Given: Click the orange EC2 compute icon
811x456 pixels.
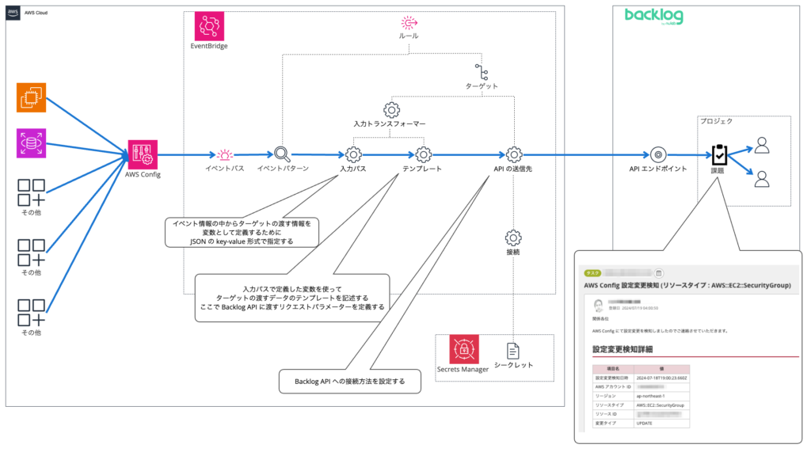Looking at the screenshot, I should click(x=32, y=98).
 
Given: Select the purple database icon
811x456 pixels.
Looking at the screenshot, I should click(x=32, y=143).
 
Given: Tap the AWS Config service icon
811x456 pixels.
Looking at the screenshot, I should click(x=143, y=154).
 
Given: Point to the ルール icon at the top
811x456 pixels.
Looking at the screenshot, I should click(x=408, y=22).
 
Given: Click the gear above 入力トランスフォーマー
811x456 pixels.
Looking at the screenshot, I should click(x=390, y=109).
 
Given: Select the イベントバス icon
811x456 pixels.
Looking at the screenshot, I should click(x=226, y=154).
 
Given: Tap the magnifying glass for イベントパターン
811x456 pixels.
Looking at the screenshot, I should click(x=282, y=154).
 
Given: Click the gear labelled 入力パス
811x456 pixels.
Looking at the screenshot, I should click(x=353, y=154).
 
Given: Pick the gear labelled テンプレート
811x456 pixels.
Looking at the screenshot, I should click(x=422, y=154).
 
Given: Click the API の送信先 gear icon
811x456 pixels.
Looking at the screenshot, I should click(x=513, y=154).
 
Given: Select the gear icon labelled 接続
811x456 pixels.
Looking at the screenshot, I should click(x=513, y=237).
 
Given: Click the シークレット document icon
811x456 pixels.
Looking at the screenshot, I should click(x=513, y=351).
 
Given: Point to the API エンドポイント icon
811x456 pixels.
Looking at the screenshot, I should click(x=657, y=154).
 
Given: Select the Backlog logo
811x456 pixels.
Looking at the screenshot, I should click(x=660, y=17).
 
